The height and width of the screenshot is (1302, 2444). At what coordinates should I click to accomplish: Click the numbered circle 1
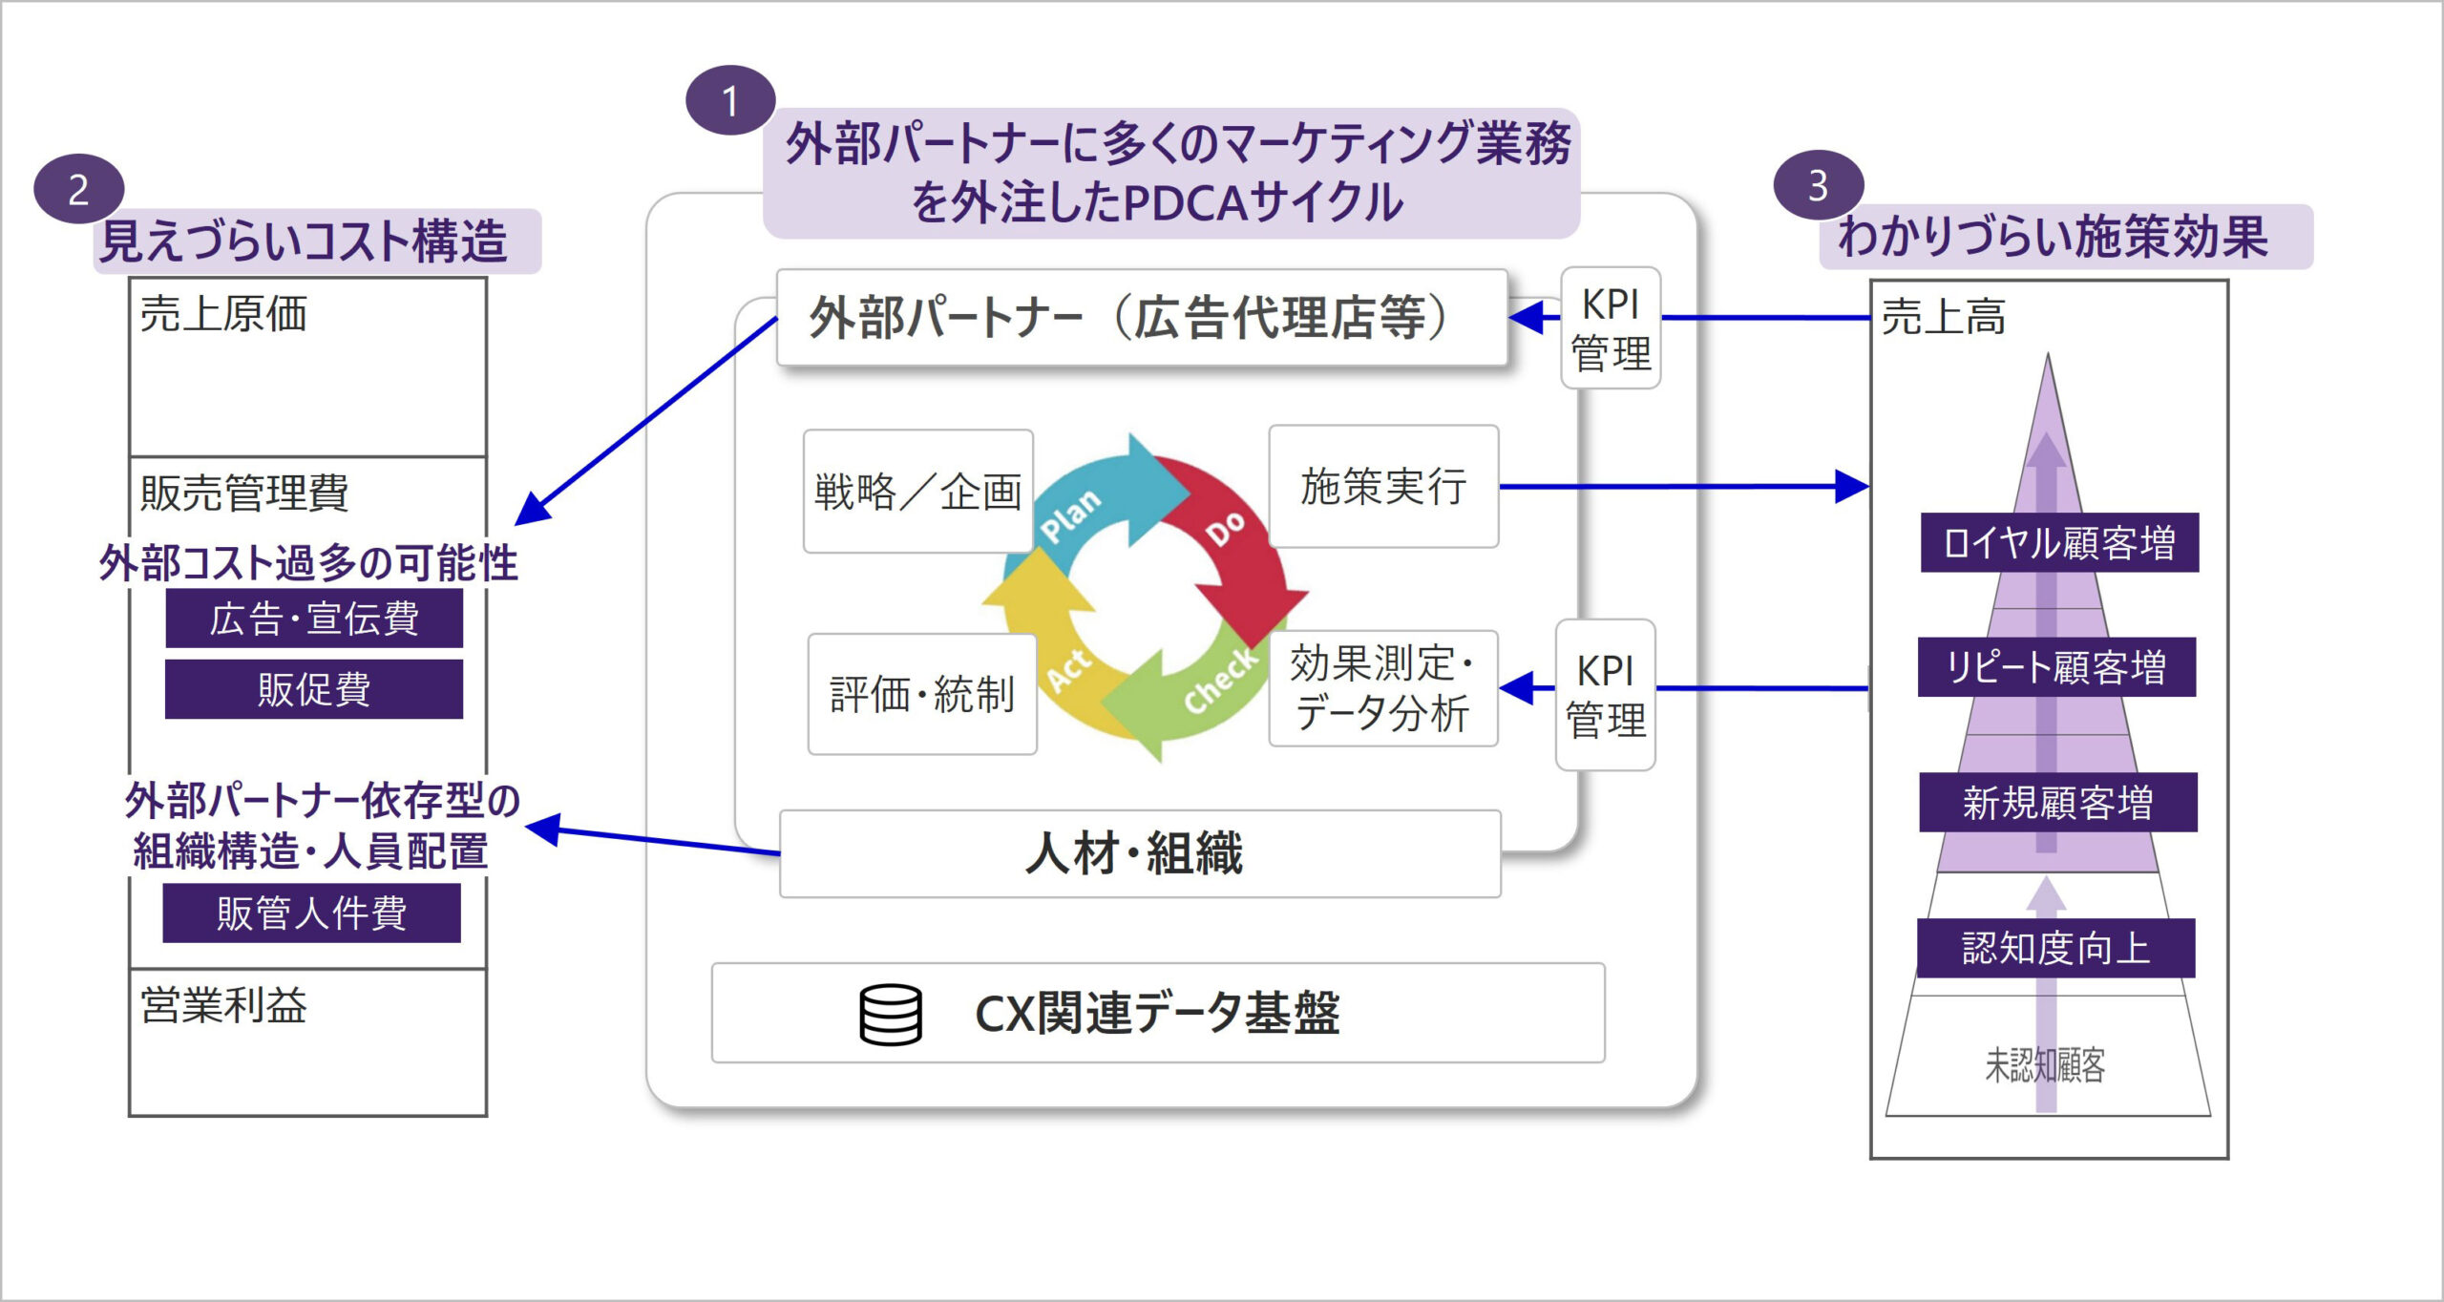pos(730,100)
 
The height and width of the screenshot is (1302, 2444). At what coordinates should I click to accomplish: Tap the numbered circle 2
pos(78,189)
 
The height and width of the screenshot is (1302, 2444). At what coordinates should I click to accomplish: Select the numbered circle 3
pos(1818,185)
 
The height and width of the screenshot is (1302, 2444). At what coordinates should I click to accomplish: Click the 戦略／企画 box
pos(917,492)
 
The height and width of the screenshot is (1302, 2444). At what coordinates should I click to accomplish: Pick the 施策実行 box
pos(1383,487)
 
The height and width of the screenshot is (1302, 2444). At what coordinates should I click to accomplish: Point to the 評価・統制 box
pos(921,694)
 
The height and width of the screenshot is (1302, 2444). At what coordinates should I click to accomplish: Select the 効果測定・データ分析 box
pos(1382,688)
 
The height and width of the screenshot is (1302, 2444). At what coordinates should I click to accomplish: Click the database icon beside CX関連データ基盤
pos(890,1014)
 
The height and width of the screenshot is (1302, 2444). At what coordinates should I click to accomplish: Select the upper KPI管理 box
pos(1611,328)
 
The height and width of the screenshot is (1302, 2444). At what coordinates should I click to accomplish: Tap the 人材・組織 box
pos(1139,853)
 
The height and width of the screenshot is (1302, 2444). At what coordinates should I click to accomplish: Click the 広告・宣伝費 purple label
pos(314,619)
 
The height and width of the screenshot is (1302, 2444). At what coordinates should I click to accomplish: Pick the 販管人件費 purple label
pos(311,913)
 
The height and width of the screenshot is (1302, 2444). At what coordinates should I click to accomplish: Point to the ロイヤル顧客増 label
pos(2059,543)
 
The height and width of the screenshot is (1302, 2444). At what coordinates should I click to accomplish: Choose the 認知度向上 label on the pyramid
pos(2055,948)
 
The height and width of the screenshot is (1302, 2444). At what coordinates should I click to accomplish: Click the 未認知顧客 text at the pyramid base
pos(2045,1065)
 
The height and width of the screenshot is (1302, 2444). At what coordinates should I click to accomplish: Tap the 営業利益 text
pos(224,1005)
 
